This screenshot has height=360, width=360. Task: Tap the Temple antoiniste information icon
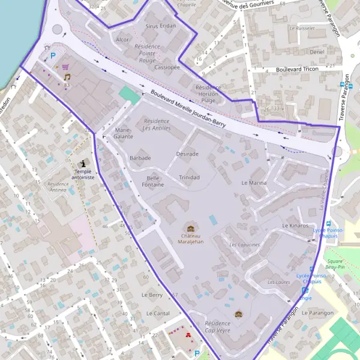pyautogui.click(x=82, y=163)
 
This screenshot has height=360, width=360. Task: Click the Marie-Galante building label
pyautogui.click(x=123, y=133)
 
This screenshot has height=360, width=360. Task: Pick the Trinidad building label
pyautogui.click(x=189, y=178)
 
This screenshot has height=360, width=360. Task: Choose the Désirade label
pyautogui.click(x=187, y=154)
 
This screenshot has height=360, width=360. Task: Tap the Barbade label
pyautogui.click(x=140, y=158)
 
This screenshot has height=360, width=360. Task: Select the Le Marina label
pyautogui.click(x=253, y=182)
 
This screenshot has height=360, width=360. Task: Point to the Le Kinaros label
pyautogui.click(x=295, y=225)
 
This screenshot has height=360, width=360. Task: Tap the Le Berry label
pyautogui.click(x=152, y=295)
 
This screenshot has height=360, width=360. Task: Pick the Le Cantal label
pyautogui.click(x=157, y=313)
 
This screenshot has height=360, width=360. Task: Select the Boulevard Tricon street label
pyautogui.click(x=297, y=70)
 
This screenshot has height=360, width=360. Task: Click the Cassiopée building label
pyautogui.click(x=167, y=67)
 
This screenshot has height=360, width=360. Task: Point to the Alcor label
pyautogui.click(x=122, y=40)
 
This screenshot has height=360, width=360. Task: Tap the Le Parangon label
pyautogui.click(x=317, y=313)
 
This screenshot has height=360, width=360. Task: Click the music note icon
pyautogui.click(x=67, y=77)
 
